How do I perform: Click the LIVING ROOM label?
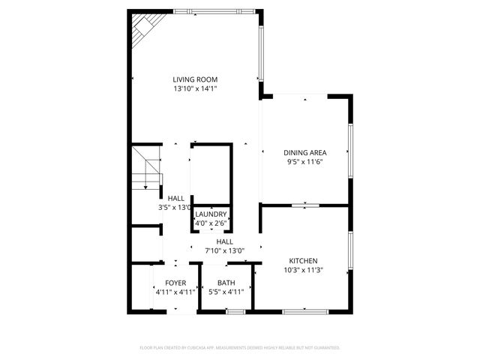pos(195,79)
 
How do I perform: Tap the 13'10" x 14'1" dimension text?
pos(195,88)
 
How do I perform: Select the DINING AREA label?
pos(305,152)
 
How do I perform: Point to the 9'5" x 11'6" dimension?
pos(305,161)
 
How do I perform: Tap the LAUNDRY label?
pos(211,214)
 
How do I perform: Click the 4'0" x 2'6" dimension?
pos(211,223)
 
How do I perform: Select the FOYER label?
pos(175,283)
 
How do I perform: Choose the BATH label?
pos(226,283)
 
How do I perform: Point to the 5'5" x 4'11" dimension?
pos(226,292)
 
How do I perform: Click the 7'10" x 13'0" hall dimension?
pos(225,250)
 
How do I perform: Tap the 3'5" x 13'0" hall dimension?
pos(175,208)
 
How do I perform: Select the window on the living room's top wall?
pos(214,11)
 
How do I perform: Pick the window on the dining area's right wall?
pos(350,150)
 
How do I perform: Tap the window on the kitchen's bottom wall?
pos(305,310)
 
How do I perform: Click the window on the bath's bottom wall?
pos(235,310)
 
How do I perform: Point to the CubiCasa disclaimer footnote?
pos(240,348)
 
